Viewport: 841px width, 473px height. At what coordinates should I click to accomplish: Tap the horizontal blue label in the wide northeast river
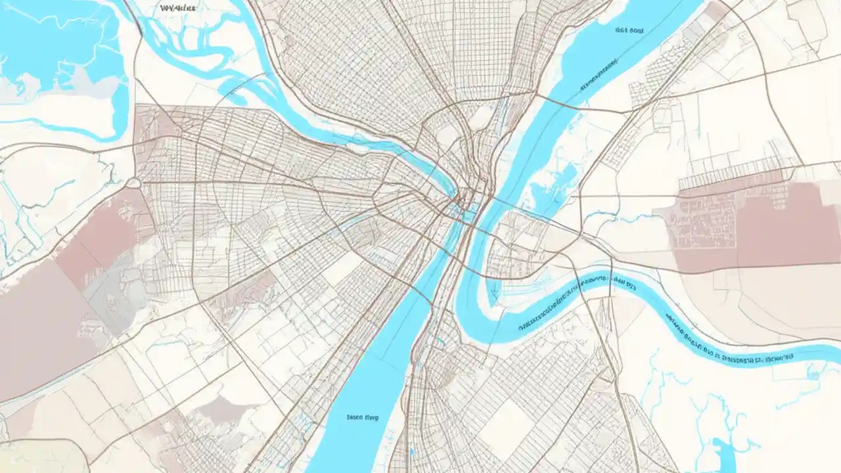pos(629,30)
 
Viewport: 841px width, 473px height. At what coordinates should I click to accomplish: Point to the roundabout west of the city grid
pos(133,183)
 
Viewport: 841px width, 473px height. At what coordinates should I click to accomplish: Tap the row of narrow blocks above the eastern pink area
pos(729,176)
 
